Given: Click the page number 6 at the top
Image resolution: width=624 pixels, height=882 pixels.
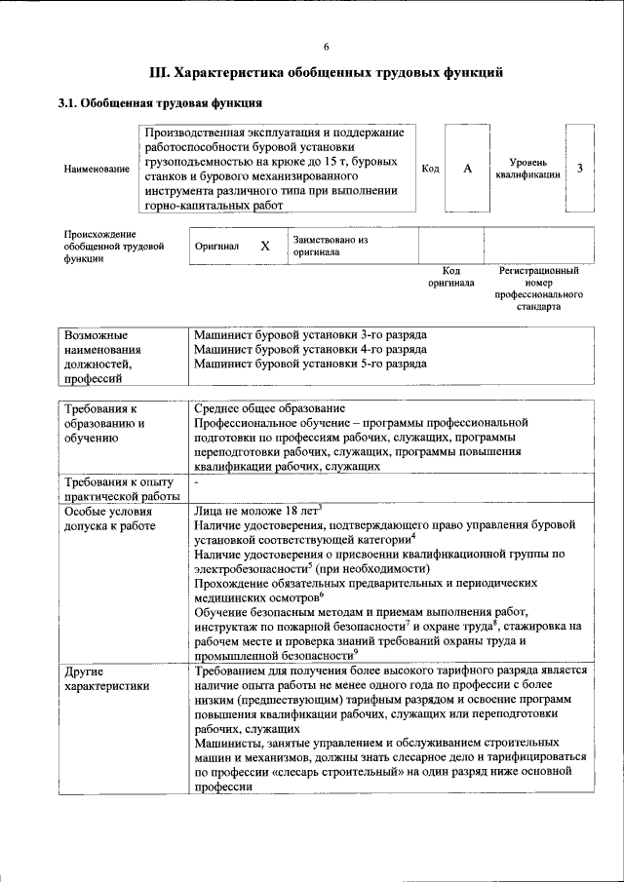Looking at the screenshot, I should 326,47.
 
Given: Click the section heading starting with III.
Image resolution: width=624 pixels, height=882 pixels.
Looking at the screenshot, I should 326,73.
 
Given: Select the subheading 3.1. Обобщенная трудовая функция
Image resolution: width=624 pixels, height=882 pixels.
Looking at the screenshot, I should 160,102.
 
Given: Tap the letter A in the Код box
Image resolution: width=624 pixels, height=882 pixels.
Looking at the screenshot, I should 467,169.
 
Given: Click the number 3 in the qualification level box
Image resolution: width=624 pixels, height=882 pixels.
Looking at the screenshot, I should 580,169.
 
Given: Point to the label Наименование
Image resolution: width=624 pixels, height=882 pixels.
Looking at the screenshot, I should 97,170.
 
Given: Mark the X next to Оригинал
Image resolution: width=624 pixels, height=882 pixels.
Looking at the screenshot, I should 264,247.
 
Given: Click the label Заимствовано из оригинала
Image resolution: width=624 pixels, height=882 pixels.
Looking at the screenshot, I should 330,246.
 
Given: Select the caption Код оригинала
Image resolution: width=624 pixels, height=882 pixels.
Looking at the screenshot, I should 450,277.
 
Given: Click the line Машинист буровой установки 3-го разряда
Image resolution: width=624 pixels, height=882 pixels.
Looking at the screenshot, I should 310,335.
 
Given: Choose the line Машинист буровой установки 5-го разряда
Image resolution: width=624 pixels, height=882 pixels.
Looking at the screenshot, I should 310,364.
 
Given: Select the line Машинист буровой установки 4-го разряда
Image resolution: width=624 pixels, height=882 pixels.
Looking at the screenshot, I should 310,349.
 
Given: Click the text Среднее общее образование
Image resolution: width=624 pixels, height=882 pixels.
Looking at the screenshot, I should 269,409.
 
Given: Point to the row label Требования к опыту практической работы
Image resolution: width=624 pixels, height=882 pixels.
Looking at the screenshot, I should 118,489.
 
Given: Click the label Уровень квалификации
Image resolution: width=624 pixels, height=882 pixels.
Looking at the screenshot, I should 526,168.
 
